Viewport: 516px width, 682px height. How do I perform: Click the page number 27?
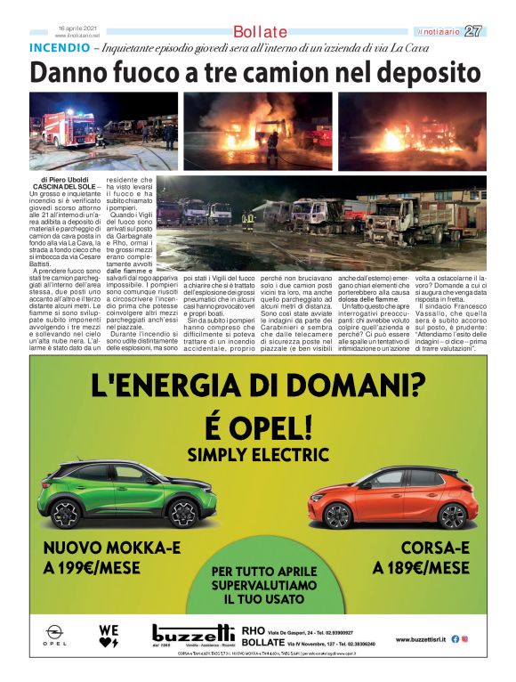tap(473, 31)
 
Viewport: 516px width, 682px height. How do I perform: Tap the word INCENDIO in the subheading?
tap(60, 46)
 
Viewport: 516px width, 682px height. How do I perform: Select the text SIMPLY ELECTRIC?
tap(256, 455)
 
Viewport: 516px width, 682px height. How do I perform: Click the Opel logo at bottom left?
tap(55, 635)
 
